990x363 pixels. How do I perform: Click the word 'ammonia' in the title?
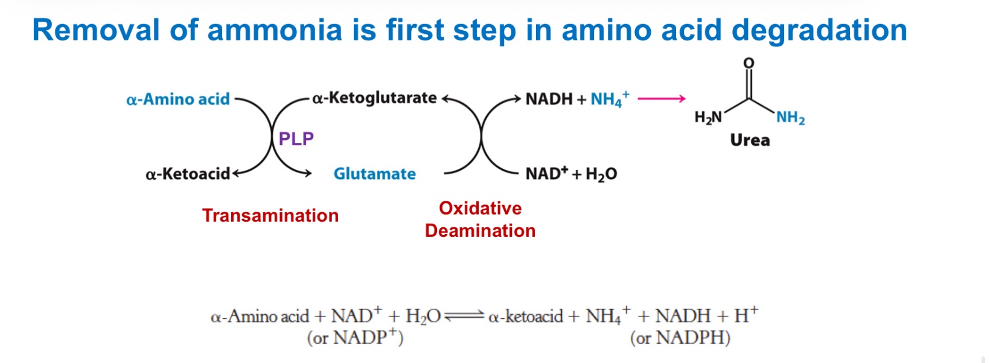[x=275, y=30]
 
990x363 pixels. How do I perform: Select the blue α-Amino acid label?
[x=178, y=99]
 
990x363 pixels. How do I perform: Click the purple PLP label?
[x=296, y=139]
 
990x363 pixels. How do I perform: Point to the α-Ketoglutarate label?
[x=374, y=98]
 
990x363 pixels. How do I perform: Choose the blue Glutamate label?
[x=374, y=174]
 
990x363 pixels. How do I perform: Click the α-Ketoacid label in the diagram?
[x=188, y=174]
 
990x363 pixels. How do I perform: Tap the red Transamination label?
[x=270, y=215]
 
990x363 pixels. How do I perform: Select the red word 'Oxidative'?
[x=480, y=208]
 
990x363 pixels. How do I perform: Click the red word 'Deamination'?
[x=480, y=231]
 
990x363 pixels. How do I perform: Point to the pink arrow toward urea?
[x=662, y=98]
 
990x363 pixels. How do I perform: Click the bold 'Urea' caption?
[x=750, y=140]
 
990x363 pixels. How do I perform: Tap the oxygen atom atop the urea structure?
[x=749, y=63]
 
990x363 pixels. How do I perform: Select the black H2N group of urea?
[x=708, y=117]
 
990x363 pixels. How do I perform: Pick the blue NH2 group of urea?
[x=790, y=117]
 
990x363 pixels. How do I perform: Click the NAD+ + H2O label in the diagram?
[x=571, y=174]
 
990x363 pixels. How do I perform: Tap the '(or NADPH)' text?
[x=680, y=338]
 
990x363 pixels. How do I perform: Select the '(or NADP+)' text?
[x=355, y=337]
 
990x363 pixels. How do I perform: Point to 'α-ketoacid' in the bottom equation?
[x=525, y=316]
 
